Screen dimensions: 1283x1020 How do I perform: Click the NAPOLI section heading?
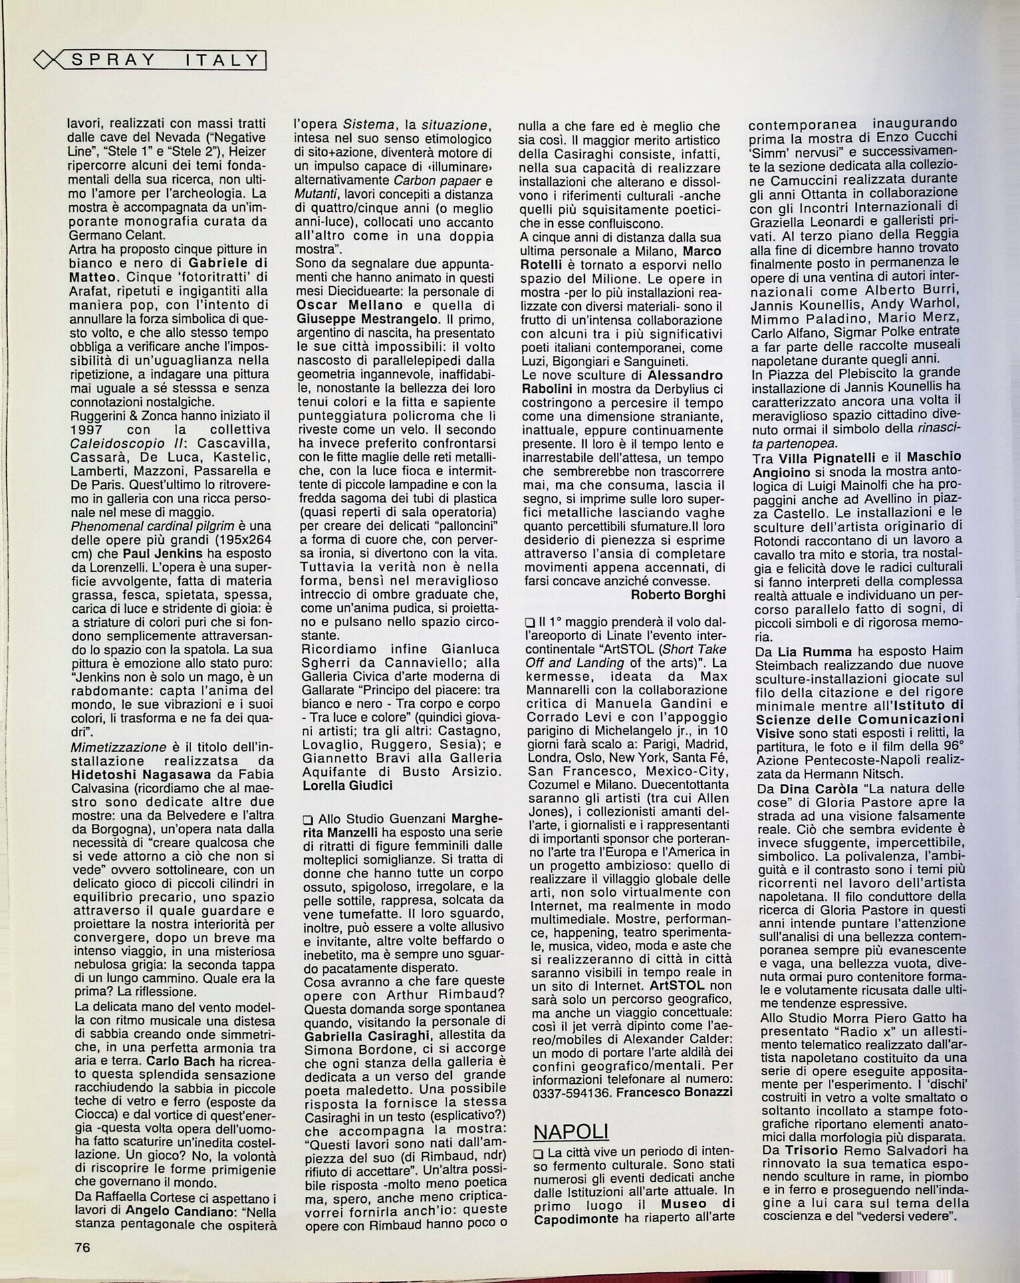pos(571,1131)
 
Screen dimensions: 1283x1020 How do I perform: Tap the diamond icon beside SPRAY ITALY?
pos(44,61)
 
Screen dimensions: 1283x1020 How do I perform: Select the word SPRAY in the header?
pos(113,60)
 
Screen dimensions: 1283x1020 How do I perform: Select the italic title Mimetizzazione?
pos(118,746)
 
